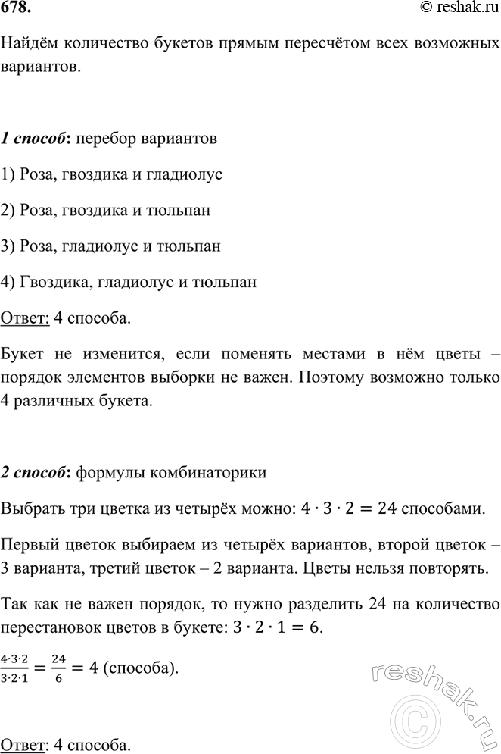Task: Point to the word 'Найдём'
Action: (28, 46)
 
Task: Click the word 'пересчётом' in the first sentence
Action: (316, 46)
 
